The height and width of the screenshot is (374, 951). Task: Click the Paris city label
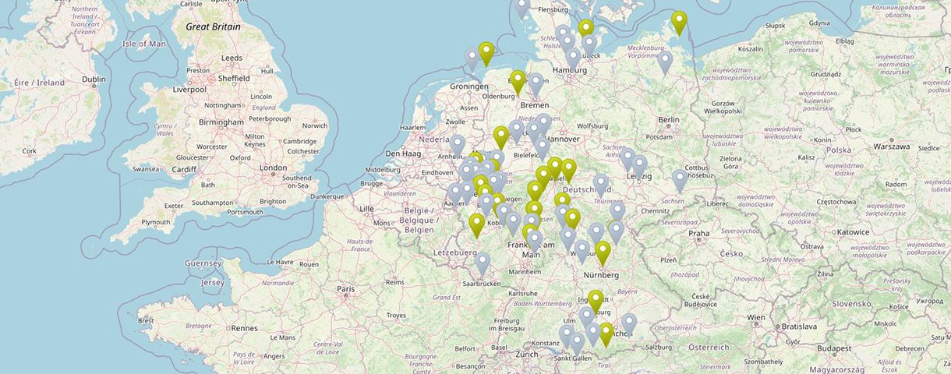346,289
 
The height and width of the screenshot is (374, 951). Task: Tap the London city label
273,168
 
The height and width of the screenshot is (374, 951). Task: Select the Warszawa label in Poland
892,146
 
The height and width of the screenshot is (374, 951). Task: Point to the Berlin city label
669,120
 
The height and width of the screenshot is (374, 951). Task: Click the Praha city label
698,233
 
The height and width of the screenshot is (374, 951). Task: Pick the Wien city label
756,318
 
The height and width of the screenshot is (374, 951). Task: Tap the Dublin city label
94,79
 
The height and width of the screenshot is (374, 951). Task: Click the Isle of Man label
144,44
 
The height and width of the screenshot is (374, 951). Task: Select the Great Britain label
213,26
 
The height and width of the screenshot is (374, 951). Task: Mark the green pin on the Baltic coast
679,23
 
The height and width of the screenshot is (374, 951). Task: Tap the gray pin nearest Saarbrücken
483,263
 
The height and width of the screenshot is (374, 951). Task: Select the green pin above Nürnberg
603,252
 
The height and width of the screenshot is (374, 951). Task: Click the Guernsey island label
203,264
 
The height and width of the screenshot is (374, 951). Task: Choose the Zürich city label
527,354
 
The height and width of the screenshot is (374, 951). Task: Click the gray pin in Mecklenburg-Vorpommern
664,62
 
